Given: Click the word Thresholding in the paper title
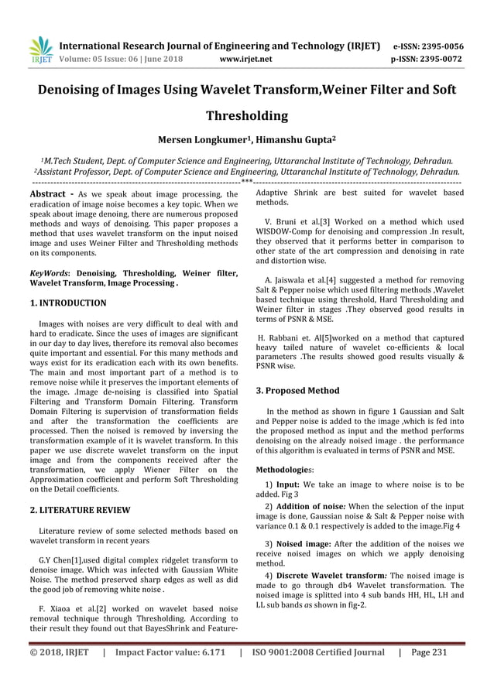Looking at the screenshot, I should [246, 117].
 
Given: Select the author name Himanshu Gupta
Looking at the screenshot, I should [297, 142].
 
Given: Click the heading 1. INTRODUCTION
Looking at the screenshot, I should [68, 303].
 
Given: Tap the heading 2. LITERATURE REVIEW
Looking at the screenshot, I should [80, 510].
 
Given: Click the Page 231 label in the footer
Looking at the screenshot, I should [430, 652].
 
